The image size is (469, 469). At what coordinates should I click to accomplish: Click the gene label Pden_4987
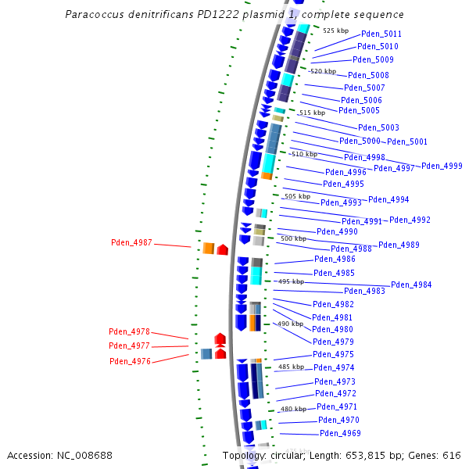click(x=131, y=243)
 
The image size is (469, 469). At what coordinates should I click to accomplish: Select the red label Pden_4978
click(x=129, y=332)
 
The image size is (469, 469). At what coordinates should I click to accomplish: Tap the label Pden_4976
click(x=130, y=361)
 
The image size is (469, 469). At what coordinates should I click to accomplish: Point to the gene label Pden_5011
click(x=381, y=34)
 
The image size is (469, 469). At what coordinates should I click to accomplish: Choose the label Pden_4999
click(x=442, y=166)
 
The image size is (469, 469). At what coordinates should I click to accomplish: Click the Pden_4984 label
click(x=411, y=285)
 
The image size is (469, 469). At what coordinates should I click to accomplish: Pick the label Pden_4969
click(x=340, y=433)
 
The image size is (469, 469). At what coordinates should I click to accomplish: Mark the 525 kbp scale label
click(x=335, y=30)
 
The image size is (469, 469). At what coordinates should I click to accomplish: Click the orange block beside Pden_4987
click(x=209, y=249)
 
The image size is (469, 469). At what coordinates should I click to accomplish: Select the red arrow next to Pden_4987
click(x=223, y=249)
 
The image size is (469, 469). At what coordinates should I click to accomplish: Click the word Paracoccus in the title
click(x=95, y=15)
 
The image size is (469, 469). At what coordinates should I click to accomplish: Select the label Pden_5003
click(x=378, y=127)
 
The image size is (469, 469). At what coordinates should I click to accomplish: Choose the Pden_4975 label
click(x=333, y=354)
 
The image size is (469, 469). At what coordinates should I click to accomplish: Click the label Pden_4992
click(x=410, y=220)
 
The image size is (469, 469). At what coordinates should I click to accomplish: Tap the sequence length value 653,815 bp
click(x=380, y=455)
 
